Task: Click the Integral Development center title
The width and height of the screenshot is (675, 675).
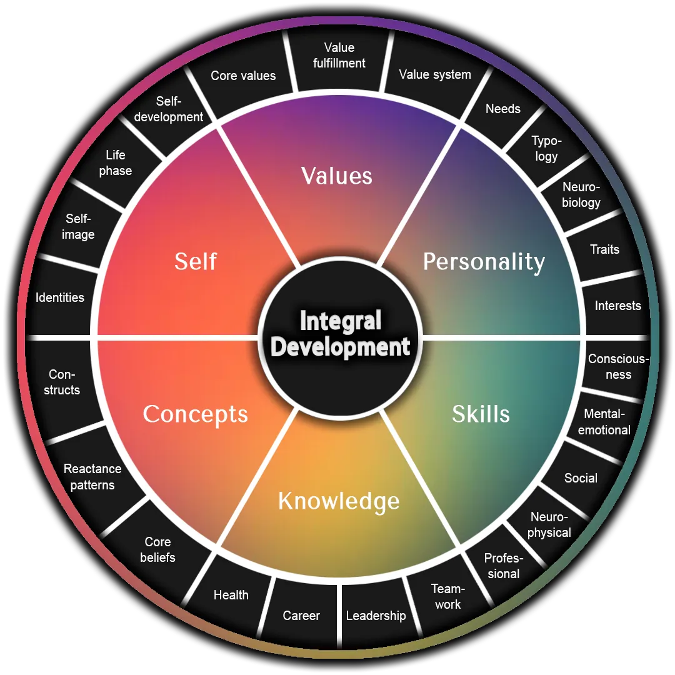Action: pyautogui.click(x=340, y=334)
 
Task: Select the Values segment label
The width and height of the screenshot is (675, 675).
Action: pyautogui.click(x=337, y=176)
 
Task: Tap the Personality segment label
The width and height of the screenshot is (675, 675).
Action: pyautogui.click(x=484, y=261)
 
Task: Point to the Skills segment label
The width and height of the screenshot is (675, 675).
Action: pyautogui.click(x=481, y=414)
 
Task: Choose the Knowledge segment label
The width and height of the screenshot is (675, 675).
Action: pyautogui.click(x=338, y=501)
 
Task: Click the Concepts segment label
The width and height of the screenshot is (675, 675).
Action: pyautogui.click(x=195, y=414)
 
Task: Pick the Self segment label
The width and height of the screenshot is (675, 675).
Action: pyautogui.click(x=196, y=261)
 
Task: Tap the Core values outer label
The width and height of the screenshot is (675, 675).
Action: pyautogui.click(x=243, y=76)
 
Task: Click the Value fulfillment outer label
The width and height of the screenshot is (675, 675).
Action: pyautogui.click(x=339, y=56)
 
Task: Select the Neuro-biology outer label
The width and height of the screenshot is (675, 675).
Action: pyautogui.click(x=581, y=194)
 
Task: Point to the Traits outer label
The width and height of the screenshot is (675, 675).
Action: pyautogui.click(x=604, y=249)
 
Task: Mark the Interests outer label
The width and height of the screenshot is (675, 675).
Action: pyautogui.click(x=617, y=306)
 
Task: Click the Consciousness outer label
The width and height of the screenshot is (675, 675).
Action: pyautogui.click(x=618, y=367)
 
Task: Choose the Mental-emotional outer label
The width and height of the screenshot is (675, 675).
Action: pyautogui.click(x=604, y=422)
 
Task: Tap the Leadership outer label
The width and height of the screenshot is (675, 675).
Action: pyautogui.click(x=376, y=616)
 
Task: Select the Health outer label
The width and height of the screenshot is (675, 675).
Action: pyautogui.click(x=231, y=595)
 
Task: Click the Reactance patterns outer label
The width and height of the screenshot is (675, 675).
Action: pyautogui.click(x=92, y=477)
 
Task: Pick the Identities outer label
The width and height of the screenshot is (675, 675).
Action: pyautogui.click(x=59, y=297)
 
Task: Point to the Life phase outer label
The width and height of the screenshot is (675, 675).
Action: pyautogui.click(x=116, y=162)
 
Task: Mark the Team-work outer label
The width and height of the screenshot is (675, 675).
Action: pyautogui.click(x=447, y=596)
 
